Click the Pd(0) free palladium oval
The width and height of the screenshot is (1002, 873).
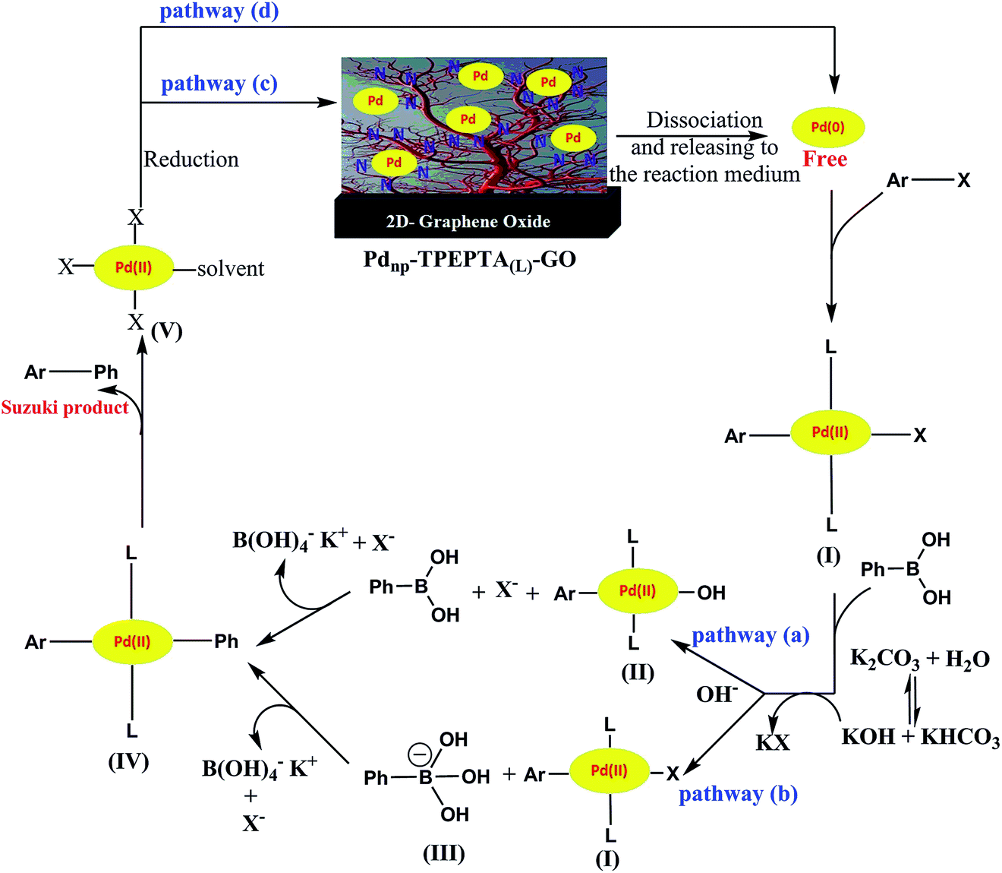[828, 127]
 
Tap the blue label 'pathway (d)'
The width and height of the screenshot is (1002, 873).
[219, 11]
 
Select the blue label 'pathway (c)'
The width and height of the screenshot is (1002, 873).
[219, 84]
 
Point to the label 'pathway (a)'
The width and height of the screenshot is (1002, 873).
[750, 636]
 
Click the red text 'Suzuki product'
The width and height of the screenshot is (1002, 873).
[65, 407]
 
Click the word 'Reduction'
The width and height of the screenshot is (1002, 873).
[191, 160]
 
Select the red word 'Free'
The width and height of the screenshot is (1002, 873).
[824, 159]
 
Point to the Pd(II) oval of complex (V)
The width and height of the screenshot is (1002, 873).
[134, 267]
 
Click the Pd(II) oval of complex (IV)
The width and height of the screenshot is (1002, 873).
[132, 641]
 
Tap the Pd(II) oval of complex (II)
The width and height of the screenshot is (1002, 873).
[638, 590]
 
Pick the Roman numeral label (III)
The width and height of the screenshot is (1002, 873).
[444, 853]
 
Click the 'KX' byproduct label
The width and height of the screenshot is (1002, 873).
[773, 742]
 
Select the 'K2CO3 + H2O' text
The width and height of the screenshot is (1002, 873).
[920, 659]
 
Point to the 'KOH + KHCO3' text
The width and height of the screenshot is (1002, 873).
[921, 737]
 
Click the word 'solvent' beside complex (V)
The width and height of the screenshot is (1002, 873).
[231, 269]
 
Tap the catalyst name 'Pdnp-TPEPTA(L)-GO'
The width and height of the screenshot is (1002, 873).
[469, 261]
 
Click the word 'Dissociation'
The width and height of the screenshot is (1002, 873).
[704, 120]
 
